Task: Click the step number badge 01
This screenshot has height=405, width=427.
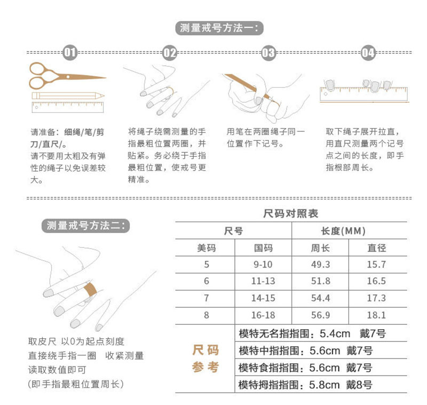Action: [x=70, y=52]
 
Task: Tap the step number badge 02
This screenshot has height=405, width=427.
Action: [x=169, y=52]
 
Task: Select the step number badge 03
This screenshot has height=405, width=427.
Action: [x=268, y=52]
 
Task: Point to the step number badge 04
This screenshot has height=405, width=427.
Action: [x=368, y=52]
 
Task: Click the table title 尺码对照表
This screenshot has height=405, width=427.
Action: [x=291, y=214]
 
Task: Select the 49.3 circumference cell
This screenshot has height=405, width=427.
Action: [x=320, y=264]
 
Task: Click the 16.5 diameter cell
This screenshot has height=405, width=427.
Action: [x=377, y=281]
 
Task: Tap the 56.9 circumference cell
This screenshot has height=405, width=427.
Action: [x=320, y=315]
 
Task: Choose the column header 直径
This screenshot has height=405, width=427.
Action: [x=377, y=248]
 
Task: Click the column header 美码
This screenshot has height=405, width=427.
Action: [x=206, y=248]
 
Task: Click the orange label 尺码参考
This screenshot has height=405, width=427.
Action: [x=205, y=359]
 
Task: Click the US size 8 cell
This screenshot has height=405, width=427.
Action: [x=206, y=315]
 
